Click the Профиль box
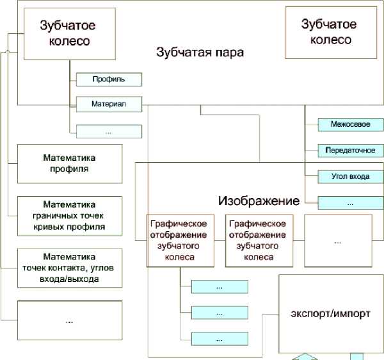[x=109, y=79]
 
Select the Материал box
[x=109, y=104]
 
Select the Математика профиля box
[x=69, y=163]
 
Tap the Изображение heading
[x=259, y=200]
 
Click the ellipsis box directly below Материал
[x=109, y=131]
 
